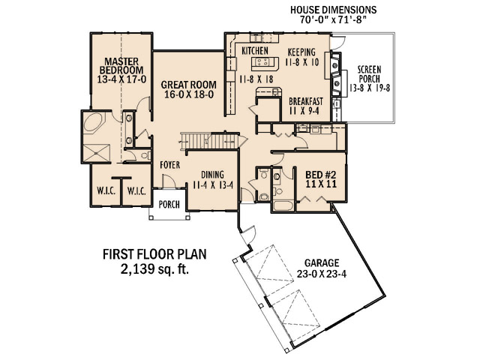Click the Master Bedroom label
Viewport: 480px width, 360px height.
pyautogui.click(x=121, y=65)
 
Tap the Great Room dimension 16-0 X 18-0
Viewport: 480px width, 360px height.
pyautogui.click(x=189, y=94)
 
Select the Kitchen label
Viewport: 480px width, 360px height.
pyautogui.click(x=255, y=51)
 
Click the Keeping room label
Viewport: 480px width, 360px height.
pyautogui.click(x=301, y=52)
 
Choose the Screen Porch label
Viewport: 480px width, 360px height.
pyautogui.click(x=370, y=73)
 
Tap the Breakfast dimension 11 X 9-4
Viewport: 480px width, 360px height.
pyautogui.click(x=304, y=110)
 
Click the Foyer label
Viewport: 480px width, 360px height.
pyautogui.click(x=170, y=165)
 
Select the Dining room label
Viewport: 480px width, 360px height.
pyautogui.click(x=212, y=175)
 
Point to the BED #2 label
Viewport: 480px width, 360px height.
pyautogui.click(x=321, y=175)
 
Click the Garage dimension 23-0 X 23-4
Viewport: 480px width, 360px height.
pyautogui.click(x=322, y=274)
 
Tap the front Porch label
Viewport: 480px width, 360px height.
pyautogui.click(x=169, y=204)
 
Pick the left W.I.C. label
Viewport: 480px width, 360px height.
pyautogui.click(x=106, y=191)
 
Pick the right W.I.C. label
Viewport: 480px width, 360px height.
pyautogui.click(x=136, y=191)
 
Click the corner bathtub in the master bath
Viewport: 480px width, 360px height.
pyautogui.click(x=94, y=122)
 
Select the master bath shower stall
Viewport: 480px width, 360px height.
pyautogui.click(x=97, y=152)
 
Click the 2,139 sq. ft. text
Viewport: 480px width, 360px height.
pyautogui.click(x=154, y=269)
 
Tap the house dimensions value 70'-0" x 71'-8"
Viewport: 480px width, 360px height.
pyautogui.click(x=333, y=20)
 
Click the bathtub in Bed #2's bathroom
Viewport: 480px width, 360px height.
pyautogui.click(x=283, y=205)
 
